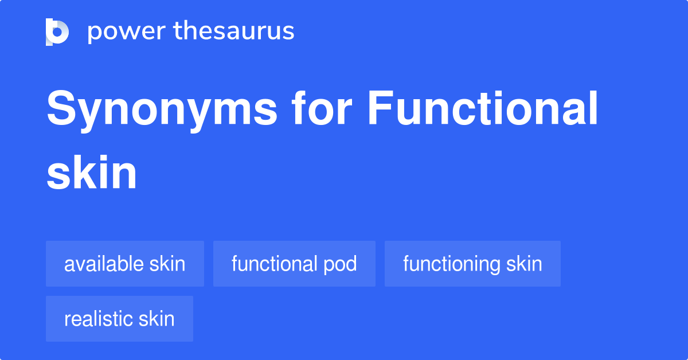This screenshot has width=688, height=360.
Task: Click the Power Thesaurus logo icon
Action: (x=57, y=32)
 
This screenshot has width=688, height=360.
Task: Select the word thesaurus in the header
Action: (x=234, y=32)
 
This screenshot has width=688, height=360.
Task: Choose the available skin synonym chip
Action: (x=125, y=264)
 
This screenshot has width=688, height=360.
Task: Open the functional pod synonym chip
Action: (x=294, y=264)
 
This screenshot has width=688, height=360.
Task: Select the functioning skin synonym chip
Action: (x=472, y=264)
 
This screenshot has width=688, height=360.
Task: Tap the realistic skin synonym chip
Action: (x=119, y=319)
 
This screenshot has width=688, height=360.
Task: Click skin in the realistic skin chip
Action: (x=157, y=319)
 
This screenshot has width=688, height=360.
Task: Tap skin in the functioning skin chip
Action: (x=524, y=264)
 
